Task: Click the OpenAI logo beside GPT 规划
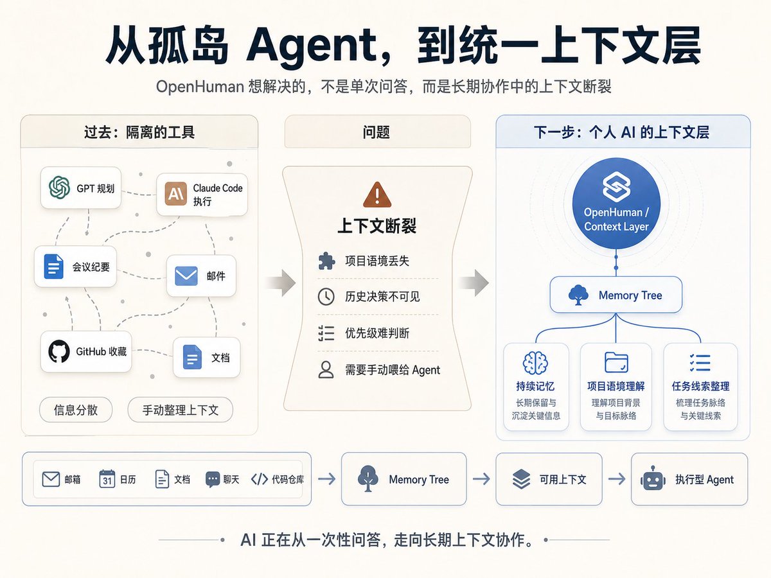[x=59, y=187]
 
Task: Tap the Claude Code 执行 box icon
[x=175, y=194]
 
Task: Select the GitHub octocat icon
[x=58, y=351]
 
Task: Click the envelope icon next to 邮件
[x=186, y=276]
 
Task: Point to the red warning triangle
[x=377, y=195]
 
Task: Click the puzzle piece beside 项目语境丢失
[x=326, y=261]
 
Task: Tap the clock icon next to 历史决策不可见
[x=326, y=297]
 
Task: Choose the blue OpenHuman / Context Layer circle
[x=616, y=204]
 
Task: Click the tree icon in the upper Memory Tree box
[x=578, y=295]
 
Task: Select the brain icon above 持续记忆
[x=535, y=363]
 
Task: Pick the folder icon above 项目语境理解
[x=616, y=362]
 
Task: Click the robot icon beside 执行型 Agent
[x=653, y=478]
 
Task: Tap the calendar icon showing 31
[x=107, y=478]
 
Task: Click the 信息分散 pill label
[x=76, y=410]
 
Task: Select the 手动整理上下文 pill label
[x=180, y=410]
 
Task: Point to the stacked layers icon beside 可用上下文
[x=521, y=478]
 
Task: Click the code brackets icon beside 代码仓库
[x=260, y=479]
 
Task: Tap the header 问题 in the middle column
[x=377, y=132]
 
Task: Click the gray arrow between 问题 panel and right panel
[x=474, y=283]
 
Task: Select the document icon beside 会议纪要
[x=54, y=267]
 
